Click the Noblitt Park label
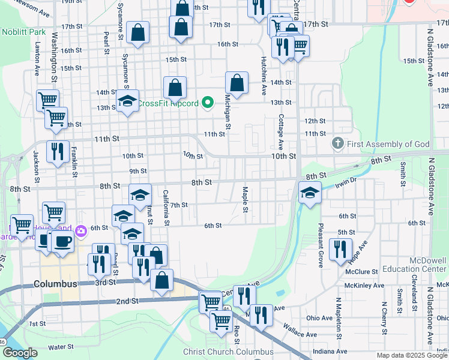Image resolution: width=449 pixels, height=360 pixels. pyautogui.click(x=24, y=31)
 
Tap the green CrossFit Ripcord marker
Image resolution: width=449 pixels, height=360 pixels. pyautogui.click(x=208, y=103)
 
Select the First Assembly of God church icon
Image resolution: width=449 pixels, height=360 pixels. pyautogui.click(x=337, y=144)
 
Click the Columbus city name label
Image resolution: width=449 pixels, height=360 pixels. pyautogui.click(x=55, y=284)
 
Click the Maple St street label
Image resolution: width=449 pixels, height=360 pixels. pyautogui.click(x=245, y=200)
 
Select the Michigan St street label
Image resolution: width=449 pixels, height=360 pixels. pyautogui.click(x=228, y=111)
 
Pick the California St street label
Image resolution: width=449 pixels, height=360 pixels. pyautogui.click(x=165, y=208)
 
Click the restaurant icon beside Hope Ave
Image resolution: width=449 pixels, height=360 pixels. pyautogui.click(x=340, y=248)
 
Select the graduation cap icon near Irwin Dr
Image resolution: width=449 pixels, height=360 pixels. pyautogui.click(x=310, y=193)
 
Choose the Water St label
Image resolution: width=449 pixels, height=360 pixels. pyautogui.click(x=61, y=347)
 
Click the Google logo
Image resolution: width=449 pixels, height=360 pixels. pyautogui.click(x=20, y=353)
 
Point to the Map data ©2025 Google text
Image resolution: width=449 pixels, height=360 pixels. pyautogui.click(x=411, y=355)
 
